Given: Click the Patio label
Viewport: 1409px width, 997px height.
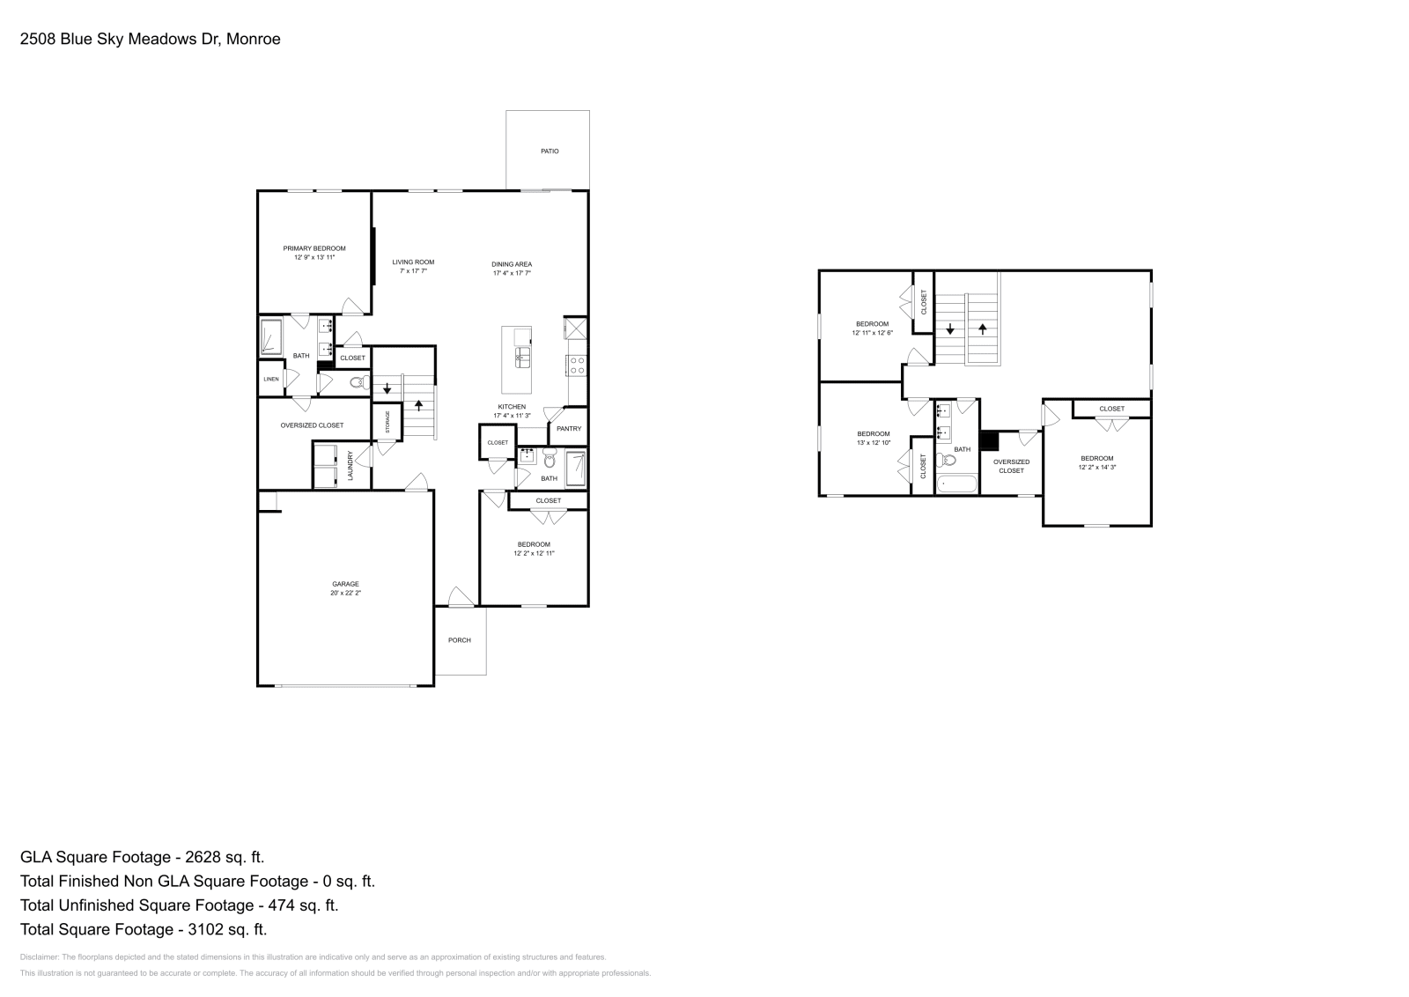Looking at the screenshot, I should (550, 151).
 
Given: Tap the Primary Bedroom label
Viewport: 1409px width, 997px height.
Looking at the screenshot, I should (314, 248).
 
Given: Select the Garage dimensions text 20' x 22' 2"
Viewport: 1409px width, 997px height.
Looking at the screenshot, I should (345, 594).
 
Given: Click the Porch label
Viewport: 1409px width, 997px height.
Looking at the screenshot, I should (460, 640).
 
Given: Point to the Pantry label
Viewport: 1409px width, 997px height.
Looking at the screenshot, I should (569, 429).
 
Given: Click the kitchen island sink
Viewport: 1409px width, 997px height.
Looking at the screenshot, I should (523, 356).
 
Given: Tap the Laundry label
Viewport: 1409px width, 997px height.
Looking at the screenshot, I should (350, 465).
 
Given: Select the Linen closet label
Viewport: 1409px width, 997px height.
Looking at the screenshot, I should (270, 380).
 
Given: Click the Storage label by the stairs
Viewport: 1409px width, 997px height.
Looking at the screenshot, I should (387, 422).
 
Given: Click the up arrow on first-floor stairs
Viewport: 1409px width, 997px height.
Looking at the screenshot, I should (419, 405).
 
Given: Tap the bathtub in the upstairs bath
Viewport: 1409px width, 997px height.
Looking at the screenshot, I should (957, 484).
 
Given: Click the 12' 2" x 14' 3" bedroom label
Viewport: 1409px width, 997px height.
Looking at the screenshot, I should (1097, 458).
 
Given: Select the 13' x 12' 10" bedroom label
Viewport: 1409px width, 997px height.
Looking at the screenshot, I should (874, 433).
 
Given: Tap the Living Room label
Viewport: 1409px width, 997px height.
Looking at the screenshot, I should (413, 262).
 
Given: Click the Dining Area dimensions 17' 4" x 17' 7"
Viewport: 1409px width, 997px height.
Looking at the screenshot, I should (512, 274).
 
